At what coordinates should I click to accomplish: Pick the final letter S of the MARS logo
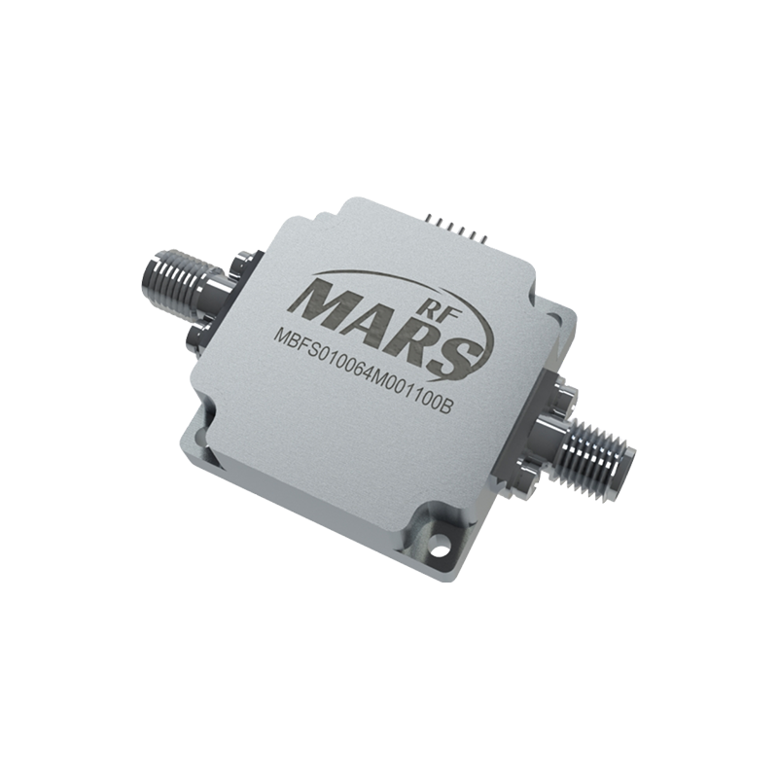(x=449, y=353)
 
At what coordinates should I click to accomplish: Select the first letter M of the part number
(x=281, y=338)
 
